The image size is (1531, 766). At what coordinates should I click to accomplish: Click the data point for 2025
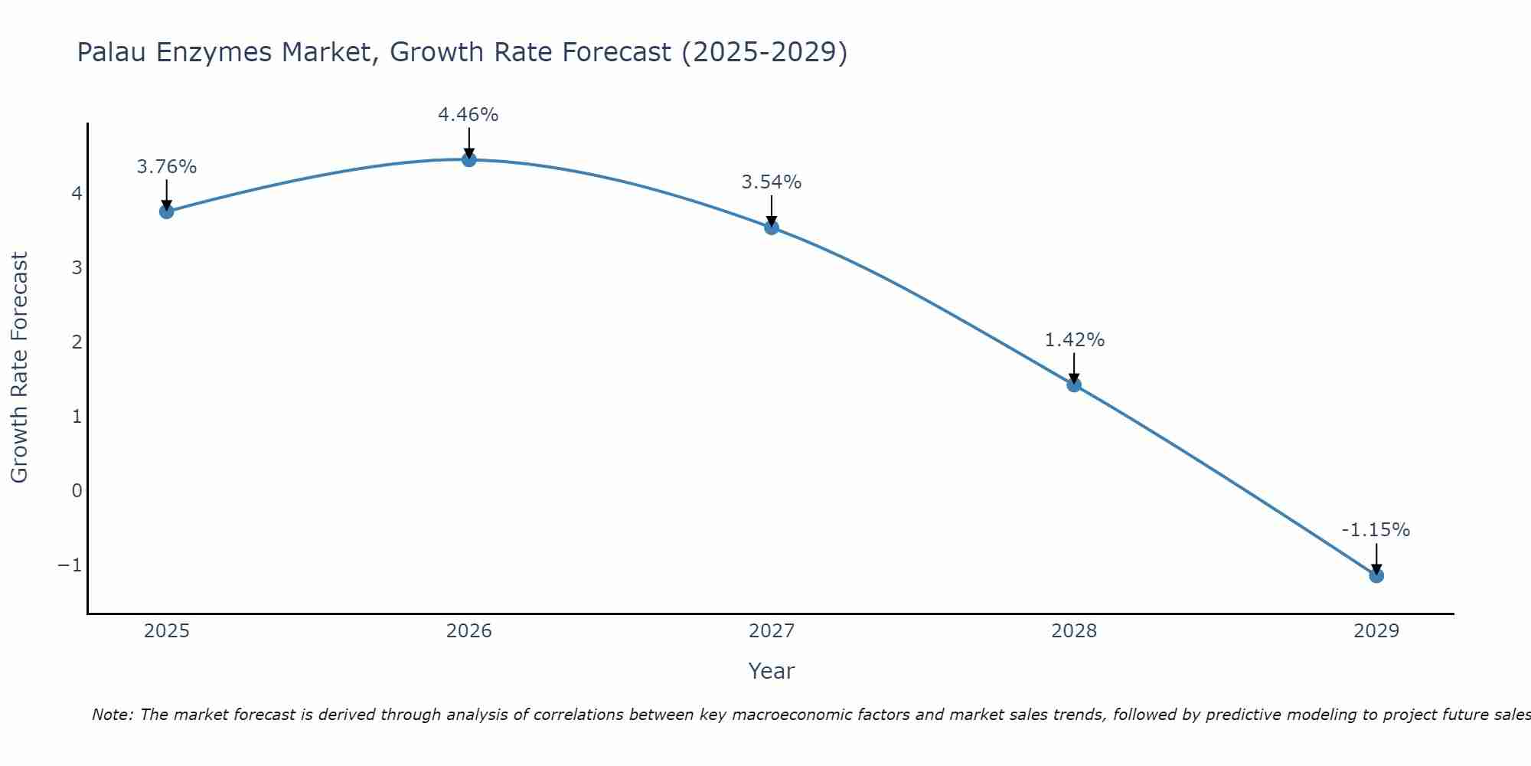166,211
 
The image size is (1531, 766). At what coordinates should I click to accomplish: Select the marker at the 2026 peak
468,159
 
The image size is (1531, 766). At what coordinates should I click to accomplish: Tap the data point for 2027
771,228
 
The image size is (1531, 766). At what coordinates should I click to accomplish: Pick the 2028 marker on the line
1073,385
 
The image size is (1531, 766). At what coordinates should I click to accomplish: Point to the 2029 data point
1376,575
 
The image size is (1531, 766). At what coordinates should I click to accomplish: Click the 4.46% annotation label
468,115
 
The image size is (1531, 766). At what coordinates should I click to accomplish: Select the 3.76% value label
166,167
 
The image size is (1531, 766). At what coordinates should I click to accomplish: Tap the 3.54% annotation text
771,182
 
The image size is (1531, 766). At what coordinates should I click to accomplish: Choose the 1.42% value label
1074,340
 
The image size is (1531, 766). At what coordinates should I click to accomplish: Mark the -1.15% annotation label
1375,530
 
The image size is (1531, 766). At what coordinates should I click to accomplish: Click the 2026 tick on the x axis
468,631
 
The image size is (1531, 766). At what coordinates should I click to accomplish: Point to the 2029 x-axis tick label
1376,631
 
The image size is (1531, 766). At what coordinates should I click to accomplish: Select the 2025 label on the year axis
166,631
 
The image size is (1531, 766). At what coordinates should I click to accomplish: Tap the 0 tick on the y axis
77,490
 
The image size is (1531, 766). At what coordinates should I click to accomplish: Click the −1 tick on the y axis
70,565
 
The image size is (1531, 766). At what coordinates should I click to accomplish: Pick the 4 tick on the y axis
77,193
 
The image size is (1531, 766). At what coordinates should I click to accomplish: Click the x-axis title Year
771,671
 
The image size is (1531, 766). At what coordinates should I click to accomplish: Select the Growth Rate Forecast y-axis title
19,368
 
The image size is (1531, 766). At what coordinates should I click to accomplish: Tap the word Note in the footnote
112,715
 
